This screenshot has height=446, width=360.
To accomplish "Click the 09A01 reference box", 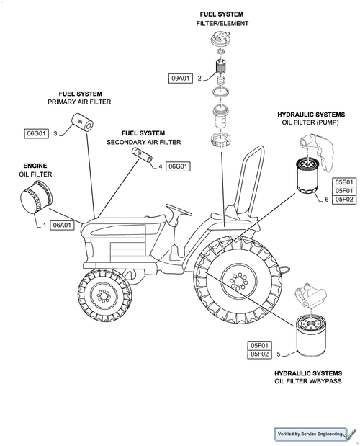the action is [x=181, y=79].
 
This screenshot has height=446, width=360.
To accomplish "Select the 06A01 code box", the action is [x=62, y=226].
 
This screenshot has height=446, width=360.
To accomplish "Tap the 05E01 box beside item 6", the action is [x=344, y=182].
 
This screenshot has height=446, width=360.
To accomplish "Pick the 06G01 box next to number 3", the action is [x=36, y=133].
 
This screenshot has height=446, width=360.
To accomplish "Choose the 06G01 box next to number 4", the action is [x=178, y=166].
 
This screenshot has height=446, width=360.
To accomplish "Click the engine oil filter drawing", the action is [x=36, y=197].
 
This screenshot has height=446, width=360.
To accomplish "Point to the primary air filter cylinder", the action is [x=82, y=122].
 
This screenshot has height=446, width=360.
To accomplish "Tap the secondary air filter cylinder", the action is [x=142, y=155].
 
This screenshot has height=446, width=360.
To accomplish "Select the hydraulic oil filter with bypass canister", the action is [x=312, y=336].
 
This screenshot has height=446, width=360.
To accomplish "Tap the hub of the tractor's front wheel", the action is [x=104, y=295].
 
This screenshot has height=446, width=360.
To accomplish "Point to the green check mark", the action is [x=351, y=434].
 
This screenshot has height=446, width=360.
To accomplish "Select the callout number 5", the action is [x=279, y=354].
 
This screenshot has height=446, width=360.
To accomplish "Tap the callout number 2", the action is [x=199, y=79].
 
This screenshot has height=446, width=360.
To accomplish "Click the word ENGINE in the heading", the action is [x=35, y=166].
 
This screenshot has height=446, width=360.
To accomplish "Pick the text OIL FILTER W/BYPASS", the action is [x=308, y=381].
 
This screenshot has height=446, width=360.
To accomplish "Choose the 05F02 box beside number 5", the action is [x=259, y=354].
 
